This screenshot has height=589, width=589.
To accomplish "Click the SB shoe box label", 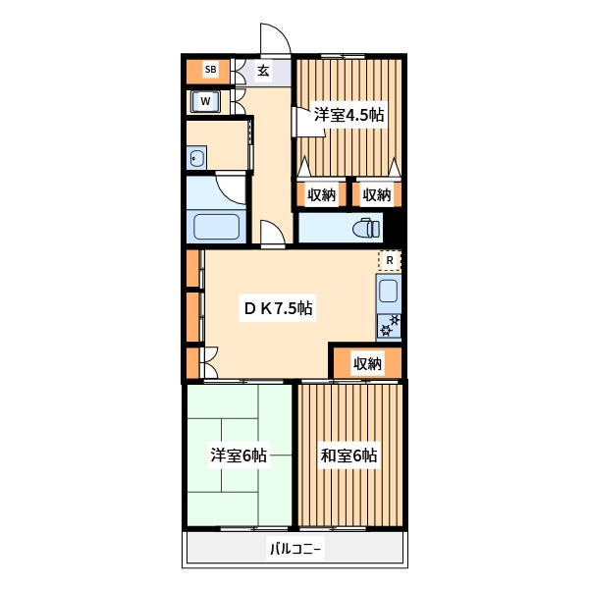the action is point(210,70).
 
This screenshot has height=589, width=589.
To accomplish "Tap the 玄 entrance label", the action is point(263,71).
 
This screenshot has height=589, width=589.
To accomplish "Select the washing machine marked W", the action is point(205,101).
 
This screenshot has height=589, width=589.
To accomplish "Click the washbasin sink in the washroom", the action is point(196,158).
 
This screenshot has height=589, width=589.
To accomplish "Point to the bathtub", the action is point(216,227).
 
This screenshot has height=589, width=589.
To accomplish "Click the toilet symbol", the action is point(366,228).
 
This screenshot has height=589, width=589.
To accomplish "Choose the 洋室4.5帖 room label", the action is point(348,115).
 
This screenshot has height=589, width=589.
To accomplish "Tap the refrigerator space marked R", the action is point(390,260).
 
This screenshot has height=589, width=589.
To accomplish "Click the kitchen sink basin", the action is point(388,291).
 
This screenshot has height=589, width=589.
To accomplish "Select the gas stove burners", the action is point(389,326).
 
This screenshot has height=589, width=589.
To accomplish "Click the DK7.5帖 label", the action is point(278,308).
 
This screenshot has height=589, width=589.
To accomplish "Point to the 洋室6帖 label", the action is point(239,455).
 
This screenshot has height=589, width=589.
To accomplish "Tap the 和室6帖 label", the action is point(348,455).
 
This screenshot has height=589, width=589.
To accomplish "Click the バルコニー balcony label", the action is point(295,549).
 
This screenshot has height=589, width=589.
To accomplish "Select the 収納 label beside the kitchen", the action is point(367,363).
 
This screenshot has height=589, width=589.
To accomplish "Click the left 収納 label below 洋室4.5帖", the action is point(321,194).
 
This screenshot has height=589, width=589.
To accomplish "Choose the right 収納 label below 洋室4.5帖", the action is point(376,194).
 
